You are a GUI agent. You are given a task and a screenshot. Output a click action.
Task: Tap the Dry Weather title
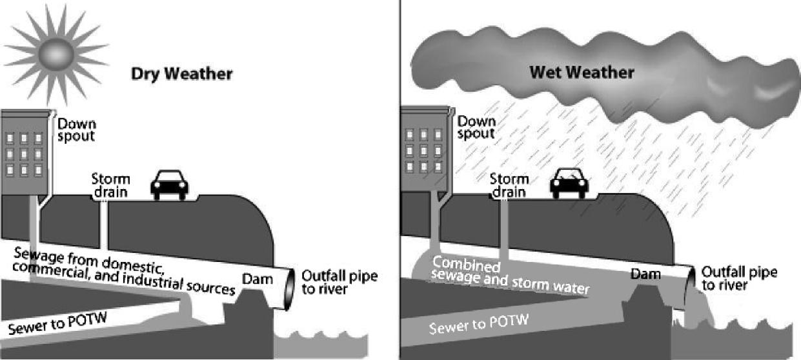[181, 74]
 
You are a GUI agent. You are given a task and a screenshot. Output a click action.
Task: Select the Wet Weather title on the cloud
[582, 72]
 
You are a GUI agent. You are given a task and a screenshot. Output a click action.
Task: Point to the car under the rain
[569, 185]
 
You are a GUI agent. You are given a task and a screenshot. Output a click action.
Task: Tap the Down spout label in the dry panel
[76, 129]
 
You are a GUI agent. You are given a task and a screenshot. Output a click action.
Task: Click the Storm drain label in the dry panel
[110, 185]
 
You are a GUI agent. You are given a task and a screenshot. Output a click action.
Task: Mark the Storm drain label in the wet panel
[509, 185]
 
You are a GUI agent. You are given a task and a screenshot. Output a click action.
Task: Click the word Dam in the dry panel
[256, 279]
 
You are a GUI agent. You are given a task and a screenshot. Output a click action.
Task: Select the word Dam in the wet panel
[646, 275]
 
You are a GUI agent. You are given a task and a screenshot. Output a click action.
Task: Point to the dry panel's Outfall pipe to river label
[339, 283]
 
